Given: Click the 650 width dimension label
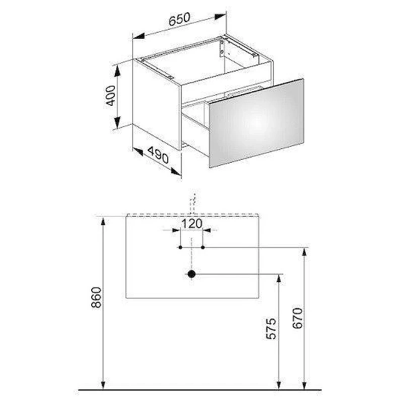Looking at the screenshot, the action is [x=179, y=19].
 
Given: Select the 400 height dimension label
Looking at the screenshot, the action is [x=111, y=96].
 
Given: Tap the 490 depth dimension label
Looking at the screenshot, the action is [x=158, y=155].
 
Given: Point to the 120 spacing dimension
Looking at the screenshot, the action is [x=192, y=224].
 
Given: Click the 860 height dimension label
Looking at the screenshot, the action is [x=97, y=297].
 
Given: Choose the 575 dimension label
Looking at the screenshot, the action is [x=271, y=329].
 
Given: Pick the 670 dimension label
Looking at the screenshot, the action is [x=298, y=318].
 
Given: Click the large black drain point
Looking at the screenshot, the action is [x=191, y=274].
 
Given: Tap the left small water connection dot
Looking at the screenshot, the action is [x=180, y=247].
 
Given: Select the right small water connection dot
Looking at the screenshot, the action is [x=203, y=247].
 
